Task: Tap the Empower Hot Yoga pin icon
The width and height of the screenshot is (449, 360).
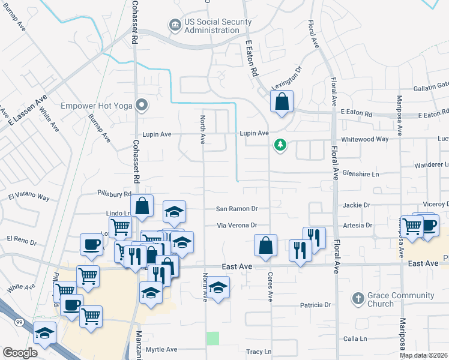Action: click(x=142, y=106)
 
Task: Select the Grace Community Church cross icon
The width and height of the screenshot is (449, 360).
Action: click(x=358, y=298)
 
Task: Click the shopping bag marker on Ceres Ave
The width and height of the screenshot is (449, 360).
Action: click(x=265, y=245)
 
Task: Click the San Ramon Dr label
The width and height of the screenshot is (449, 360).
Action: click(x=237, y=209)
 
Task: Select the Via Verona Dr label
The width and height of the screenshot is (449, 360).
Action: click(x=237, y=226)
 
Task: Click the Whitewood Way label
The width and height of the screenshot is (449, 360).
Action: click(x=365, y=139)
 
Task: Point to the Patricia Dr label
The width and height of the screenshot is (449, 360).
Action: click(x=315, y=305)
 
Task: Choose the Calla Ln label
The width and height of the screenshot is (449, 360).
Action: click(x=355, y=339)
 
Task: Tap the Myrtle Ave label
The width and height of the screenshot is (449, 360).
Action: click(x=161, y=349)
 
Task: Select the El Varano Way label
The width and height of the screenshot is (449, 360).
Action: click(x=29, y=196)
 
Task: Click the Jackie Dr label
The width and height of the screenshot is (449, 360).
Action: click(x=357, y=205)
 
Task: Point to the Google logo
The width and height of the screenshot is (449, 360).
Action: click(x=20, y=353)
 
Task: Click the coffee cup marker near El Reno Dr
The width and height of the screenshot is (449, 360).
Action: click(x=91, y=244)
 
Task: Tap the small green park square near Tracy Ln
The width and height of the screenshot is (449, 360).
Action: click(x=212, y=338)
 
